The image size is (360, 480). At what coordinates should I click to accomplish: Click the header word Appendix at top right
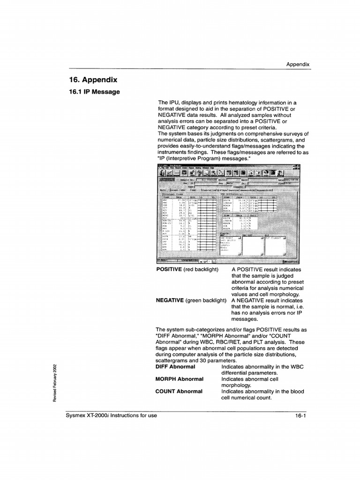(x=298, y=65)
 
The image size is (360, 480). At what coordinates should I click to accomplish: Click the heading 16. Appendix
(x=93, y=80)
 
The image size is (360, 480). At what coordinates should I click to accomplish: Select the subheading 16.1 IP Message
(x=94, y=92)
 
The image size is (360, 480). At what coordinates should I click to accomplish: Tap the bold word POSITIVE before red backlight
(x=169, y=270)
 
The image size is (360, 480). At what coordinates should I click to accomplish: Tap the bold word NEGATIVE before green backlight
(x=170, y=300)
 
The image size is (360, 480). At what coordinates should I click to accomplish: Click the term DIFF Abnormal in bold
(x=175, y=367)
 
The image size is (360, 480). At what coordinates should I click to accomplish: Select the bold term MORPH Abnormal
(x=179, y=379)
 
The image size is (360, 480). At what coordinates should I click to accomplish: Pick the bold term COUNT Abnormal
(x=179, y=391)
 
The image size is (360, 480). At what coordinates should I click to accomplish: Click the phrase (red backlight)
(x=201, y=270)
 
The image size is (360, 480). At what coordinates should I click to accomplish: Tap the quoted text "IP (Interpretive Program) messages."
(x=204, y=158)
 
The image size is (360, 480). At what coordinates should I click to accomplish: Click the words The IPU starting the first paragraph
(x=166, y=103)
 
